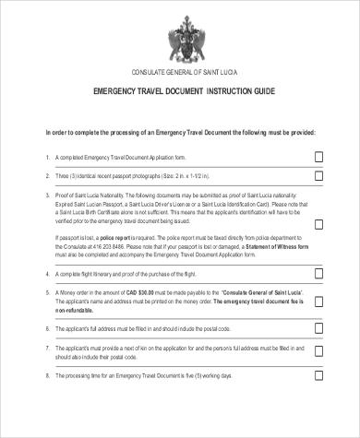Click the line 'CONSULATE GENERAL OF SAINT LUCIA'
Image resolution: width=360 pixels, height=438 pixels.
click(x=180, y=72)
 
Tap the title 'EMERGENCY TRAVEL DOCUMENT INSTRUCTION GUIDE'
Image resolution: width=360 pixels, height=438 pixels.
click(x=180, y=93)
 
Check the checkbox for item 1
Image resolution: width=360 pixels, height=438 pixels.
click(x=318, y=157)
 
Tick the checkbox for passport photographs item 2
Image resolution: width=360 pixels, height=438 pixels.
click(x=318, y=176)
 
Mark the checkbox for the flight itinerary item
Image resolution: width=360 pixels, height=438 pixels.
click(x=318, y=276)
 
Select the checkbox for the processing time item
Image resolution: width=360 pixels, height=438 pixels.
click(x=318, y=377)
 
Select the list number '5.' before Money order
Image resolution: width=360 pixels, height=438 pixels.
click(x=47, y=291)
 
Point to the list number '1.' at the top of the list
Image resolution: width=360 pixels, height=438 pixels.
click(x=47, y=157)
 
